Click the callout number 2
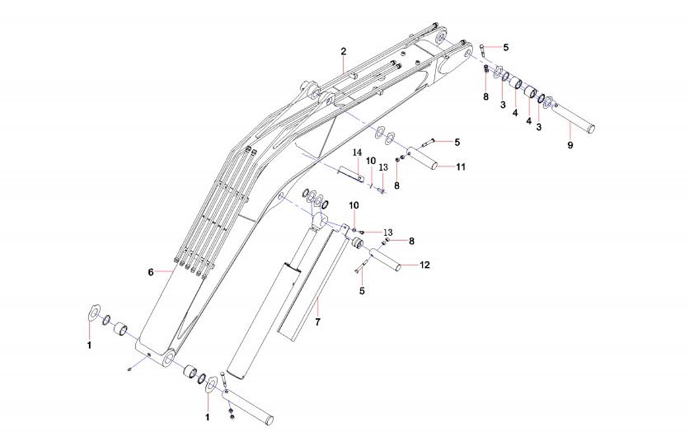tap(343, 51)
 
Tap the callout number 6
tap(150, 271)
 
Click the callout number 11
tap(461, 167)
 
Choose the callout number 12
tap(424, 265)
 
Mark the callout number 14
tap(357, 152)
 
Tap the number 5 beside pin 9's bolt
tap(506, 47)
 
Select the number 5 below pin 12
tap(361, 290)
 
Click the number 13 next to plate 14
tap(383, 167)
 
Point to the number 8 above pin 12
tap(411, 241)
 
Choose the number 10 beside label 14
tap(370, 160)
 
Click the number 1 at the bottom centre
tap(207, 417)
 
